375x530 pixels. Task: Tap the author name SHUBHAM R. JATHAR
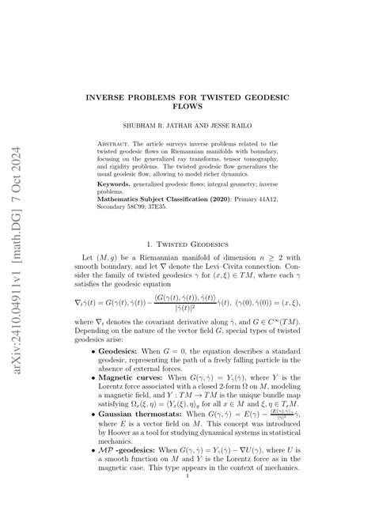156,125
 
